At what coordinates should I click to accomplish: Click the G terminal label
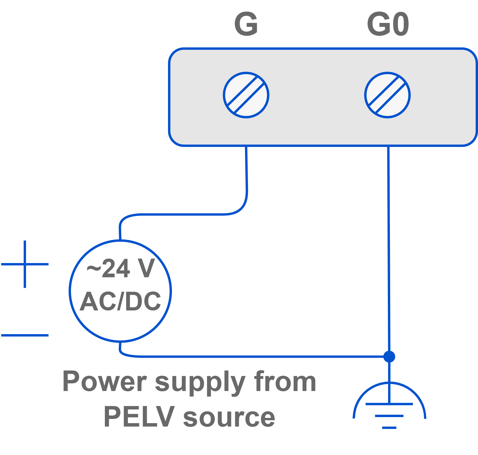click(246, 24)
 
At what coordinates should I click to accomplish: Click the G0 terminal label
click(388, 24)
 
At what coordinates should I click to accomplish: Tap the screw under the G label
click(246, 95)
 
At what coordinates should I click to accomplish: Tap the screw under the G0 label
click(387, 95)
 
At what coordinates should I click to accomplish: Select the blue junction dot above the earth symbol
click(389, 357)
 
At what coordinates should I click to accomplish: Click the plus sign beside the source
click(25, 264)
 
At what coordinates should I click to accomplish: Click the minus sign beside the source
click(25, 335)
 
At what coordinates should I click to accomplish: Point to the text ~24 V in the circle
click(121, 268)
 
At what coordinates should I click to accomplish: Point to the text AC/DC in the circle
click(120, 301)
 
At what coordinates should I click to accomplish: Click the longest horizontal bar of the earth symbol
click(389, 404)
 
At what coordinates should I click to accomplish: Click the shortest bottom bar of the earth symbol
click(389, 428)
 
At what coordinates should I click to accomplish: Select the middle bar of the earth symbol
click(389, 416)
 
